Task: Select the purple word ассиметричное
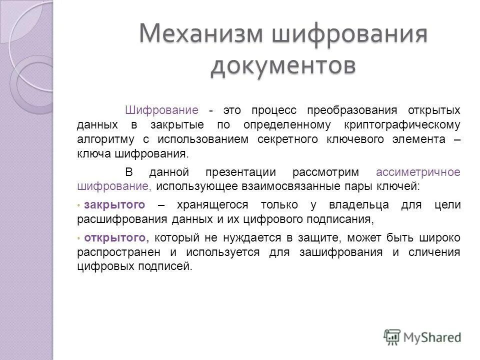point(417,172)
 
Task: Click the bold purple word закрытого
point(115,204)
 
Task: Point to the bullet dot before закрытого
point(79,205)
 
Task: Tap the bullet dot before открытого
point(79,238)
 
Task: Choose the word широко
point(440,237)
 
